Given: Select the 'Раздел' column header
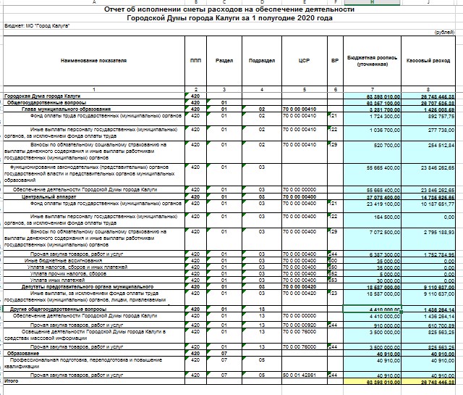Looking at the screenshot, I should coord(224,60).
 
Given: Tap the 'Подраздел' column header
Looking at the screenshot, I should coord(260,60).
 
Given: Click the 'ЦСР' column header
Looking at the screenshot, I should coord(303,60).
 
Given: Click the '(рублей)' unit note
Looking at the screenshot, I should coord(443,33).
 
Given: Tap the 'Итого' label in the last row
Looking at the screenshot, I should coord(11,380).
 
